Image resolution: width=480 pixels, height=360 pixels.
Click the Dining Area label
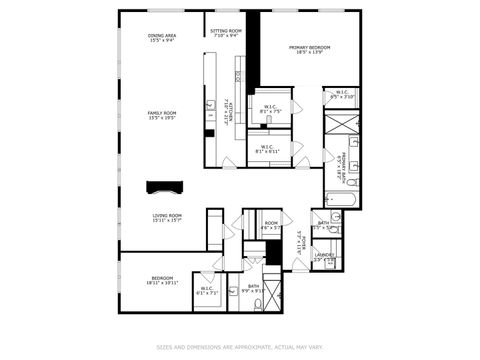pos(162,38)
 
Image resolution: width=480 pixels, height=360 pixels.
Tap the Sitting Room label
pos(226,32)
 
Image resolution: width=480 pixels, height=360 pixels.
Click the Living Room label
pos(167,217)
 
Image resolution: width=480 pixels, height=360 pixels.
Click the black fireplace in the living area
pos(163,186)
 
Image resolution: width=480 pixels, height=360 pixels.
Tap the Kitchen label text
pos(228,108)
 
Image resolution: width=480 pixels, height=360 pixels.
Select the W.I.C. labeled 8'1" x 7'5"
pos(271,109)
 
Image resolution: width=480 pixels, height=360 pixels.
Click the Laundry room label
pos(324,257)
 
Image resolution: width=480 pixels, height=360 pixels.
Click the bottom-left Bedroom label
pos(162,280)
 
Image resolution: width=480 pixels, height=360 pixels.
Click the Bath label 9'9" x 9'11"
pos(254,288)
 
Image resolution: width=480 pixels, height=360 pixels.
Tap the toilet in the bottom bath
pos(232,292)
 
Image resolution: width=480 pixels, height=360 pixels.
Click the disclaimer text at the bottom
pos(240,347)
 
